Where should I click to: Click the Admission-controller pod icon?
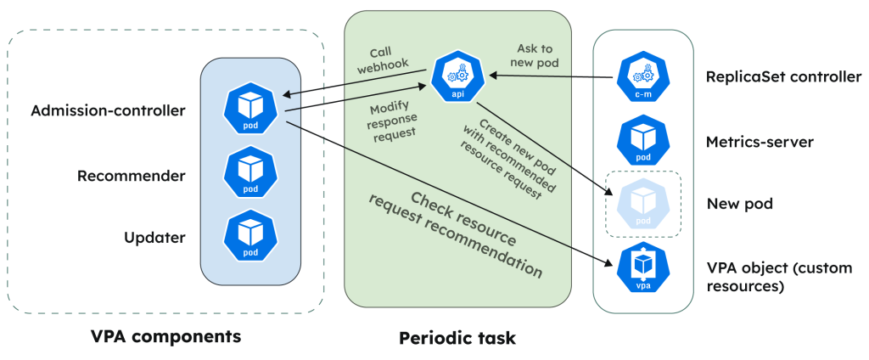(x=251, y=107)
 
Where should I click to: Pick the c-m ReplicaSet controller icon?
(x=643, y=77)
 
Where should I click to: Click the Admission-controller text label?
(x=108, y=110)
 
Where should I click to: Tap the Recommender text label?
(x=131, y=176)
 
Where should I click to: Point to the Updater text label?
(x=154, y=238)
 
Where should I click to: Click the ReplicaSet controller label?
(x=784, y=77)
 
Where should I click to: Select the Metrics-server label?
(x=760, y=142)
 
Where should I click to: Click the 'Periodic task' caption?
(x=457, y=338)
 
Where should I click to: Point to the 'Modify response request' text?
(x=391, y=121)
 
